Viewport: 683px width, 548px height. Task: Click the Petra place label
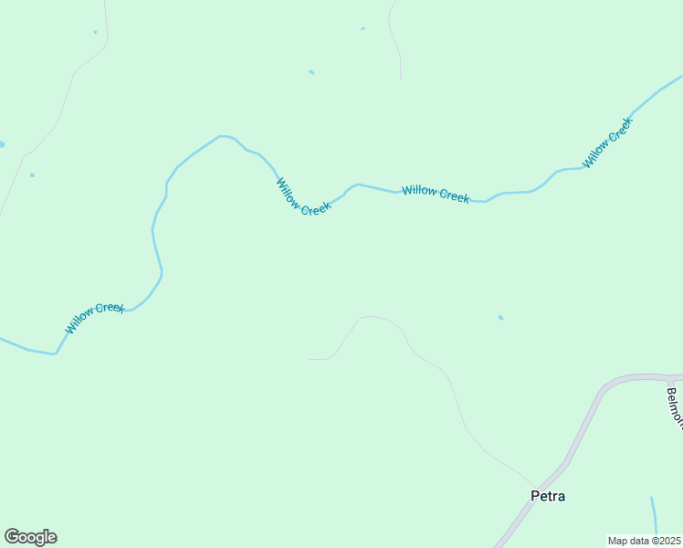point(548,496)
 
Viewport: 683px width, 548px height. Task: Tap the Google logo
point(30,537)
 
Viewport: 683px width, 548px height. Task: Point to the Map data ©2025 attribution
point(645,541)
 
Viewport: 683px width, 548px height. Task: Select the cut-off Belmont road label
point(675,407)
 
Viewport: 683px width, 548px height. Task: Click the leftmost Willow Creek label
point(95,318)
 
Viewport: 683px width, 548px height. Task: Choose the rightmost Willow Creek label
point(607,143)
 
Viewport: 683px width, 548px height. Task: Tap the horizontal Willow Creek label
point(436,194)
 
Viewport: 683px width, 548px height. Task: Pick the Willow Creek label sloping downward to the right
point(303,196)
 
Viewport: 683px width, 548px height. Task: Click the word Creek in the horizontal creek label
point(453,195)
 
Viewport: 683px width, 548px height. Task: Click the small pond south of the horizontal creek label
point(500,318)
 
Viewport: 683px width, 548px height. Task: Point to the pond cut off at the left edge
point(2,144)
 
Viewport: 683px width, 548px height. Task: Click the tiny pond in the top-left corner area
point(95,32)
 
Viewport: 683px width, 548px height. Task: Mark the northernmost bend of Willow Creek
point(220,136)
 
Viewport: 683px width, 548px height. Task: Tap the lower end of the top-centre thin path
point(400,77)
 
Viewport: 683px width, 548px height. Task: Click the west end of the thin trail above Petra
point(310,359)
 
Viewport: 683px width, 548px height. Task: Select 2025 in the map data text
point(668,541)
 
